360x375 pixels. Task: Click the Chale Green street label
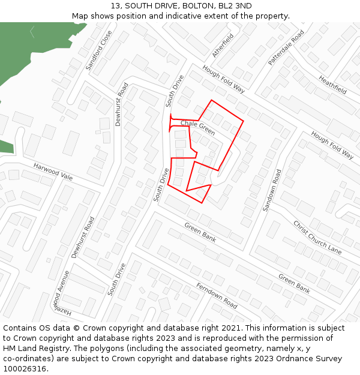click(x=197, y=127)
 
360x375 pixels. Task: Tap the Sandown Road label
click(x=271, y=190)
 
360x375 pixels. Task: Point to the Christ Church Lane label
click(x=317, y=238)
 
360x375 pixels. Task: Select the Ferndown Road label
click(x=217, y=295)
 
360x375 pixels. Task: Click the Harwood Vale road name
click(x=53, y=172)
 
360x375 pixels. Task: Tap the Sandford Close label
click(x=98, y=50)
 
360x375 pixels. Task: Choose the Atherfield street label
click(x=222, y=45)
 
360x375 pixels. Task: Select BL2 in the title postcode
click(x=218, y=5)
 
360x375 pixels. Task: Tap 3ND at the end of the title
click(x=242, y=5)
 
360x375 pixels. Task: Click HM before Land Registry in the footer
click(x=10, y=349)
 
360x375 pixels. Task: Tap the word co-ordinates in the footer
click(x=27, y=359)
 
